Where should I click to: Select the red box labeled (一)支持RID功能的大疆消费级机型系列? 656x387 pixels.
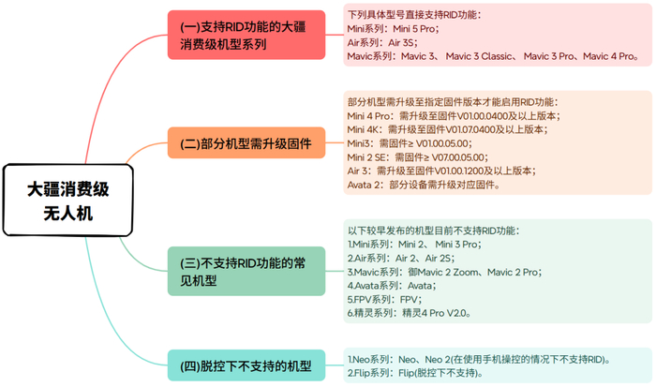(x=246, y=36)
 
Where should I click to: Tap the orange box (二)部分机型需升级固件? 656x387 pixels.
(x=246, y=144)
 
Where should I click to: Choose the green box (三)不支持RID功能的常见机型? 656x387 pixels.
(x=246, y=272)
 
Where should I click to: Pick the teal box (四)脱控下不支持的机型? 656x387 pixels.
(x=246, y=365)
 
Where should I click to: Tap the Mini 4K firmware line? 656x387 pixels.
(x=449, y=129)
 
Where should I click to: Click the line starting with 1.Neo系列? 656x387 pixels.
(x=478, y=359)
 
